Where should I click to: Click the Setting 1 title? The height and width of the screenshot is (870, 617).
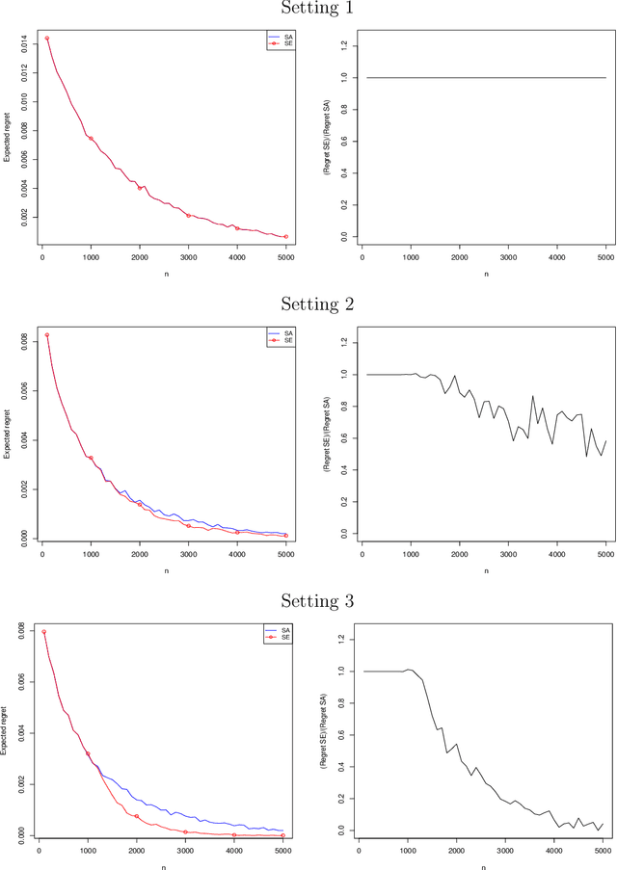click(317, 8)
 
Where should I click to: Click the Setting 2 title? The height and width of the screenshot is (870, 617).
click(317, 304)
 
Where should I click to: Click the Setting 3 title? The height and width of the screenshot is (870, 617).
click(317, 601)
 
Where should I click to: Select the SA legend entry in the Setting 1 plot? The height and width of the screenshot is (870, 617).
click(281, 36)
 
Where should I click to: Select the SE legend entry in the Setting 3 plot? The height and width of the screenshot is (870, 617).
click(281, 637)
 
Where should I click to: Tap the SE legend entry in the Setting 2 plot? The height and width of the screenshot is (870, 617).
click(281, 340)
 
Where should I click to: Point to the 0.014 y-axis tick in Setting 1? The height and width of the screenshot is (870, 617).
click(21, 39)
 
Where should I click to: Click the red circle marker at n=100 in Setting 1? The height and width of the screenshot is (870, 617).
click(46, 39)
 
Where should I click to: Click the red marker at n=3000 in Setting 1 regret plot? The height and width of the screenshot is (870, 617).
click(188, 216)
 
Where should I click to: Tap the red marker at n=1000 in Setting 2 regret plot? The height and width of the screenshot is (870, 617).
click(91, 458)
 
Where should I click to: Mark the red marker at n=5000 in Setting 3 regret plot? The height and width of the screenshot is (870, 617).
click(283, 835)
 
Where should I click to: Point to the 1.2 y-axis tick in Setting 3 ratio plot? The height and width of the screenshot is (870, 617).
click(340, 639)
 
